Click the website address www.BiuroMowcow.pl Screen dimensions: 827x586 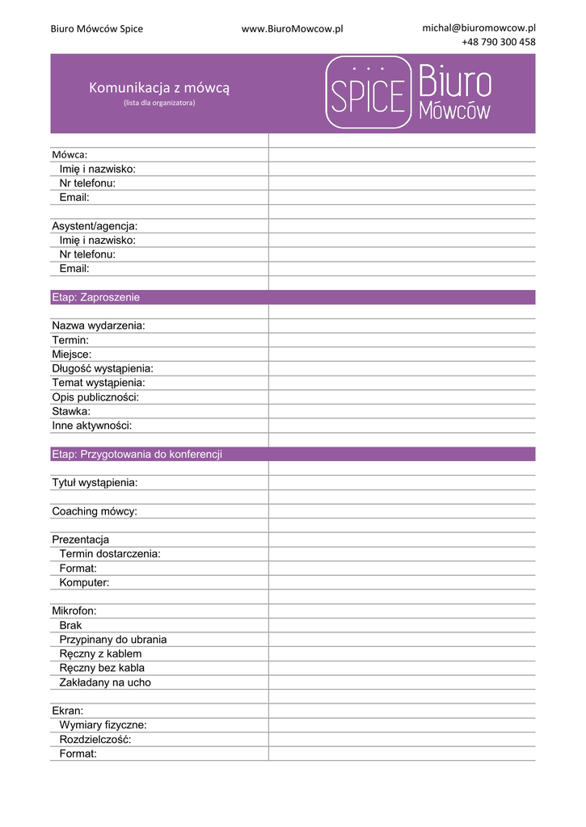coord(292,28)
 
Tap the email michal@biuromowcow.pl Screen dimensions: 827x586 coord(478,27)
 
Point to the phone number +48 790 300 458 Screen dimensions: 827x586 coord(498,42)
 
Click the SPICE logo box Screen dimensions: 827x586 coord(369,92)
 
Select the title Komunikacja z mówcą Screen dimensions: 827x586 coord(159,87)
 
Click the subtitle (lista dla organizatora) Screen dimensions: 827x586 coord(159,103)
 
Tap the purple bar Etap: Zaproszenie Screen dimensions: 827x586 coord(293,297)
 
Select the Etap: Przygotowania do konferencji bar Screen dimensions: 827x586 coord(293,454)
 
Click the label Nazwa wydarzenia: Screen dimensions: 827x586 coord(99,325)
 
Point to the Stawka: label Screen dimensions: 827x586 coord(71,411)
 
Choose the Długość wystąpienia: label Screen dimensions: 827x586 coord(103,368)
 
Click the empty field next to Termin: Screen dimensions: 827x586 coord(401,340)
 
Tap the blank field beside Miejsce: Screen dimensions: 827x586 coord(401,355)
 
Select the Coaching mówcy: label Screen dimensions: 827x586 coord(95,511)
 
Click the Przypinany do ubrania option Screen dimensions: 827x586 coord(113,640)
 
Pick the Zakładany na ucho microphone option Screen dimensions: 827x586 coord(105,682)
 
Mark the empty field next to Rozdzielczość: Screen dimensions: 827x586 coord(401,739)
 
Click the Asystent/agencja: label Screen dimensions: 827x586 coord(95,226)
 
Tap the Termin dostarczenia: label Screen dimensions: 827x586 coord(110,554)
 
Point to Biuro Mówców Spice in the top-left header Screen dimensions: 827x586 coord(97,28)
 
